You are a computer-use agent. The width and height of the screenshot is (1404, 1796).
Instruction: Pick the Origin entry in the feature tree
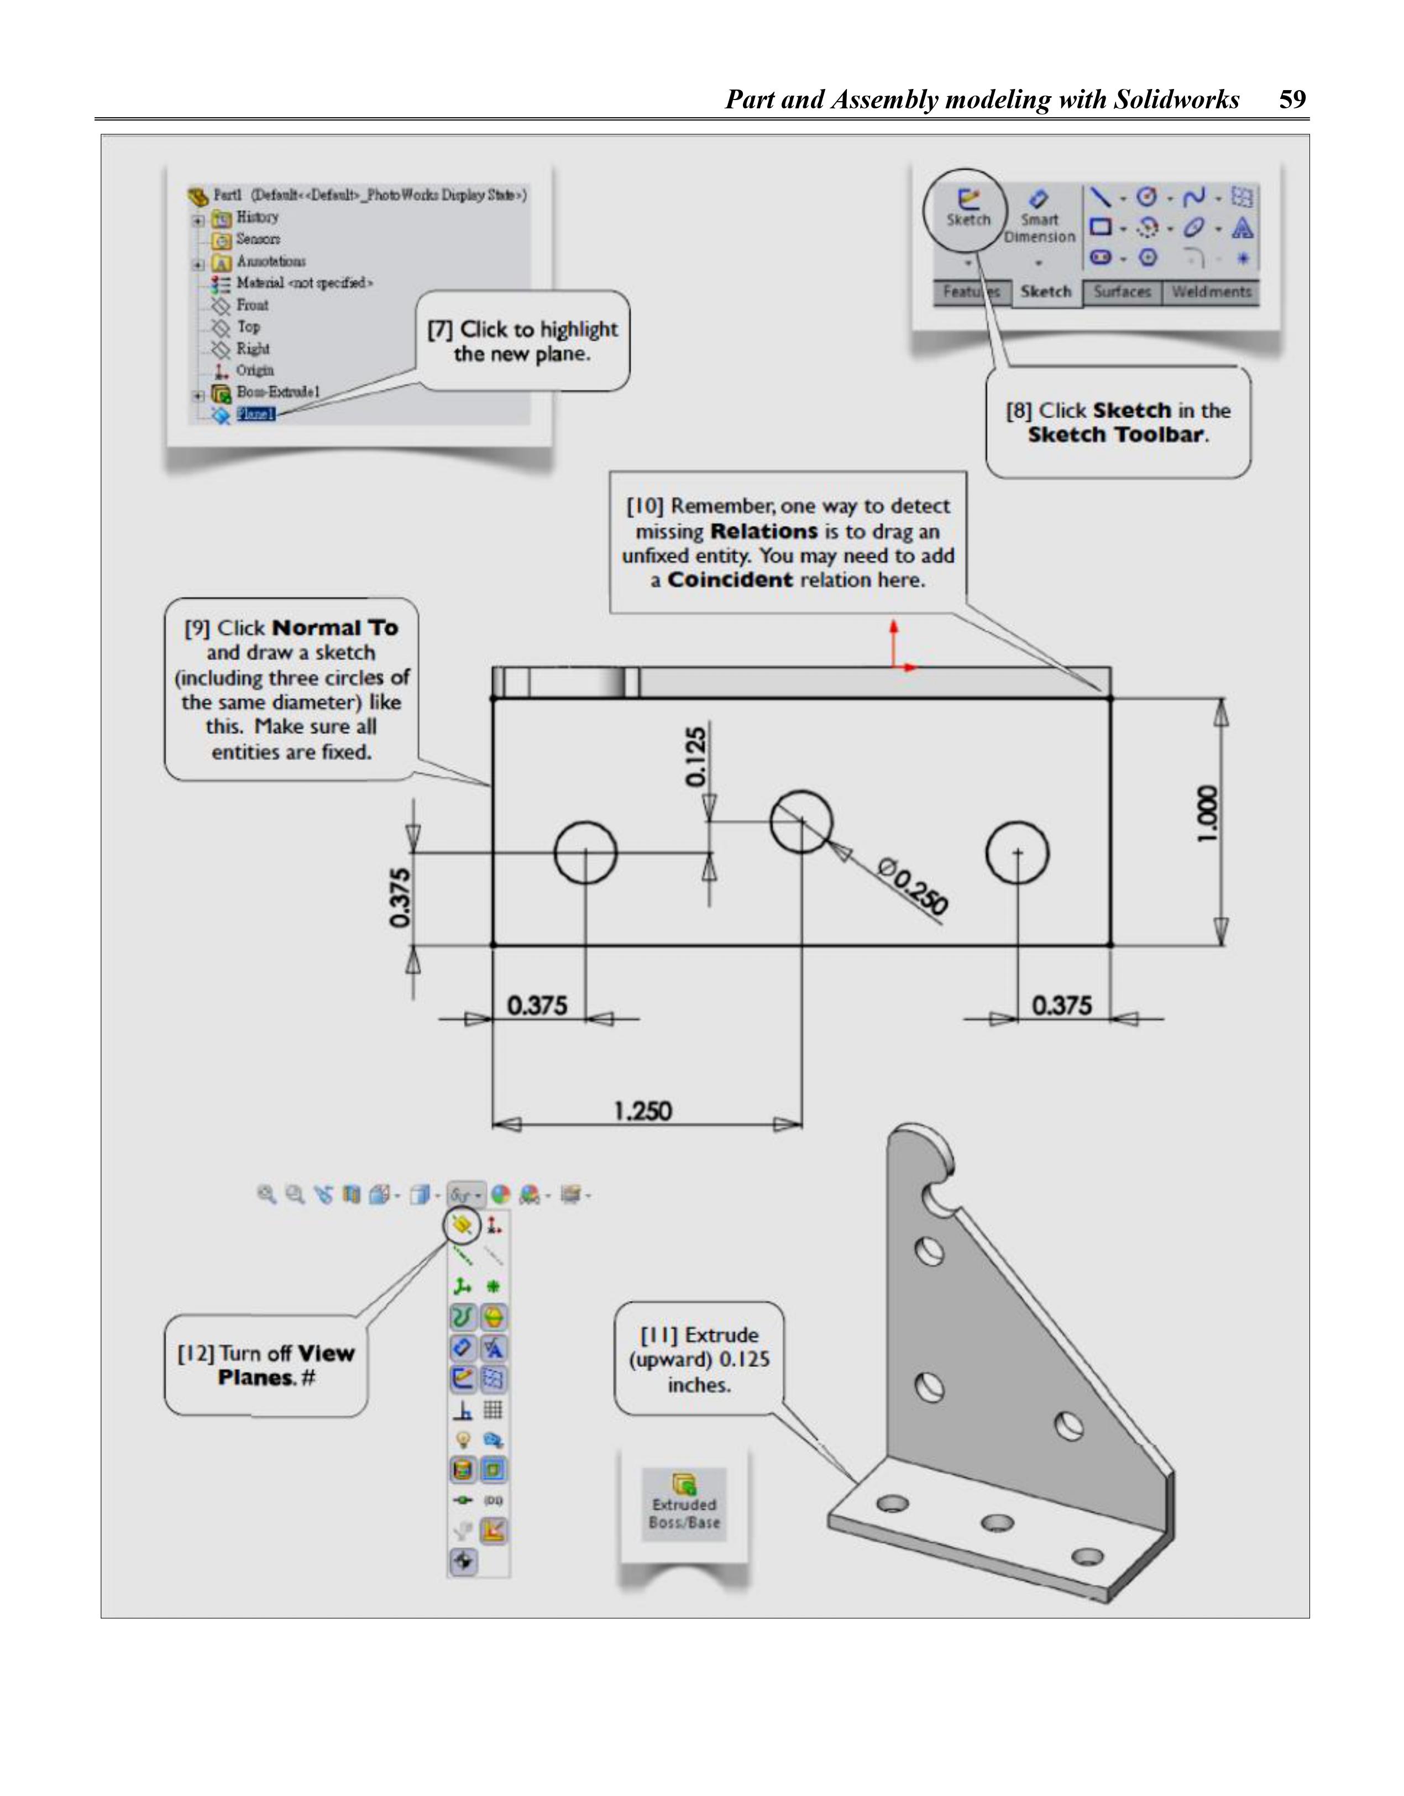coord(255,370)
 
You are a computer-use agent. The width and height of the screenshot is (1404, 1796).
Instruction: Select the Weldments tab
coord(1211,291)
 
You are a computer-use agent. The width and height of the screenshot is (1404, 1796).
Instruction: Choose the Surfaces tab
coord(1122,291)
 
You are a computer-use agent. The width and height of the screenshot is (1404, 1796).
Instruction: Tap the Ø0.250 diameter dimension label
coord(913,886)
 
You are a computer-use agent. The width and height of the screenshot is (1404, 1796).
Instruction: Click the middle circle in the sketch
coord(801,821)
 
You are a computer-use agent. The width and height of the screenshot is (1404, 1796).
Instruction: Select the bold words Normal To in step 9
coord(335,629)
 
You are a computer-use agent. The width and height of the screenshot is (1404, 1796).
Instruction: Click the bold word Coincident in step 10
coord(730,580)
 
